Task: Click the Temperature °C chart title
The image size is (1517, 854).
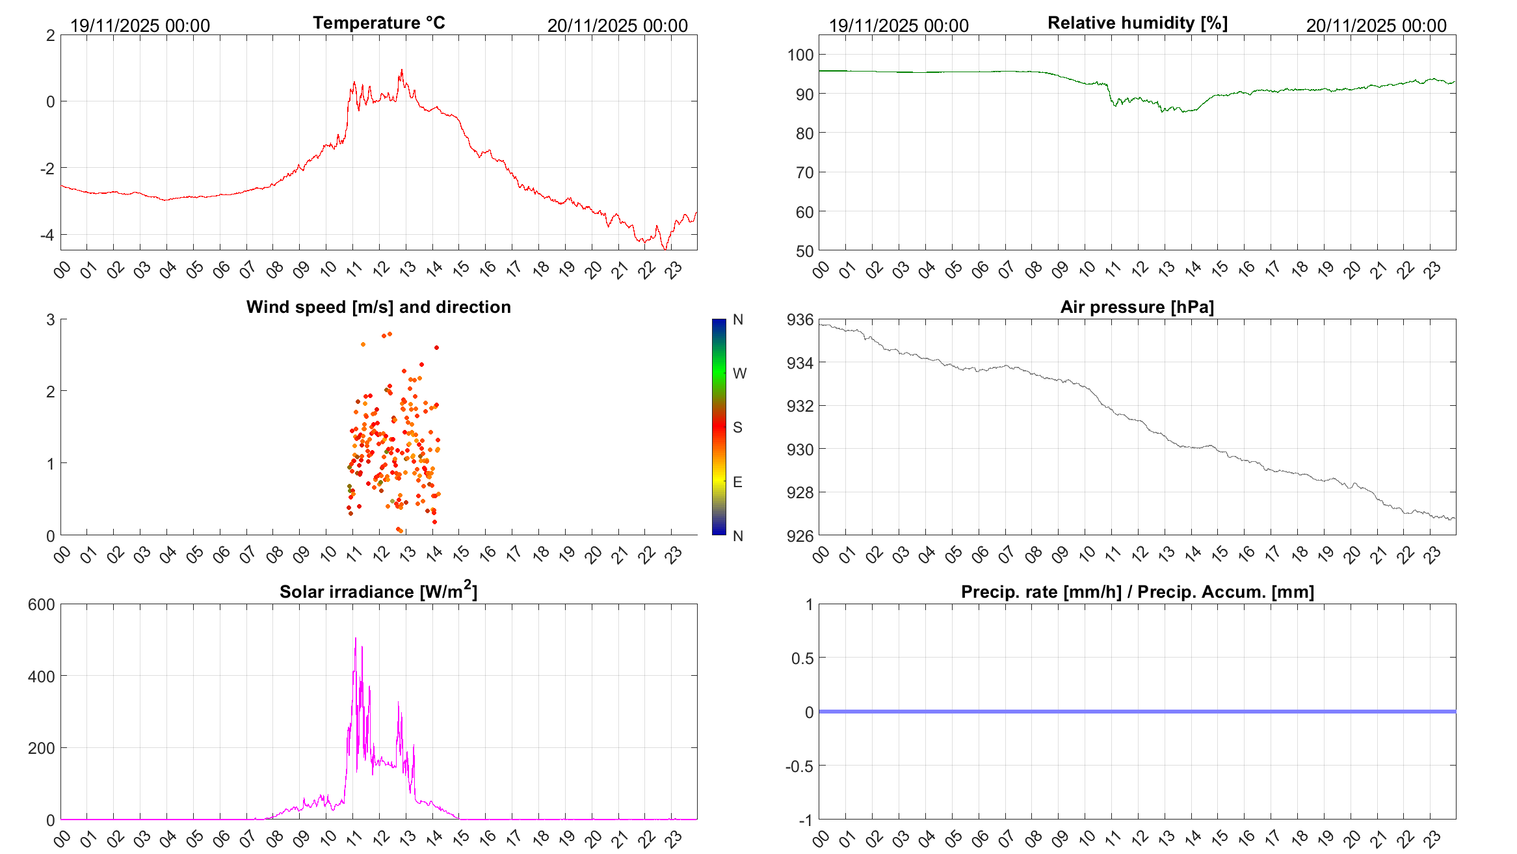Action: [378, 23]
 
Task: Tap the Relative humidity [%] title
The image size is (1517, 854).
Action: [1137, 23]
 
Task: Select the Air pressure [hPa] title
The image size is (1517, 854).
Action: [1137, 307]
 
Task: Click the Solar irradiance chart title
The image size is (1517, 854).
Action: [378, 591]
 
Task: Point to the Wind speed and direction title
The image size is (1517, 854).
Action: [378, 307]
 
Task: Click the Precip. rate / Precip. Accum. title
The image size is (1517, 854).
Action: [1137, 592]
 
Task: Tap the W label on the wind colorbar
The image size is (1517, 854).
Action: [739, 373]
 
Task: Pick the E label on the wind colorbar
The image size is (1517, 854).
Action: [737, 482]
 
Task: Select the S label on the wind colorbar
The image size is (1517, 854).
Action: [737, 427]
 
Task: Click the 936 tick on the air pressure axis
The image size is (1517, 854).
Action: [800, 319]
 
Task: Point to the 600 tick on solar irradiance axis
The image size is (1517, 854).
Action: [42, 604]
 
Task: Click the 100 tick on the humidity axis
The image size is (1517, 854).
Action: [800, 55]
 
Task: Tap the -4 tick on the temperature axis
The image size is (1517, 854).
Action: [47, 235]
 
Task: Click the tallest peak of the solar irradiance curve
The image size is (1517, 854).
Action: [355, 638]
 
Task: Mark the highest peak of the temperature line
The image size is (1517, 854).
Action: [402, 70]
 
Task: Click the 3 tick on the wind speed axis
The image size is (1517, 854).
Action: [51, 319]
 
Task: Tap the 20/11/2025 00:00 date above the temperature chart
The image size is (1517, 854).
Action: [617, 26]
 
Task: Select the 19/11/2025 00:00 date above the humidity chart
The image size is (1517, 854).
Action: [899, 26]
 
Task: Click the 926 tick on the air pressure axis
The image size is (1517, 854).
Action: [800, 536]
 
